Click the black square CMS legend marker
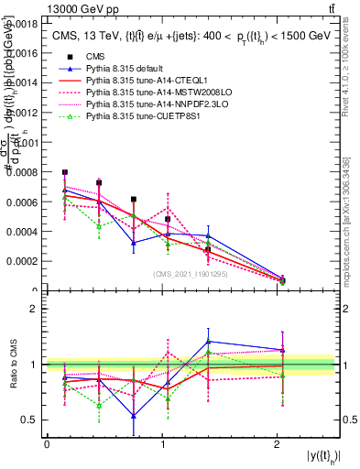coord(67,57)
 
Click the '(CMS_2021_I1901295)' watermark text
coord(191,273)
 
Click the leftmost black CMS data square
coord(65,171)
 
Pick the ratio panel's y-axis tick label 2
coord(37,309)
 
